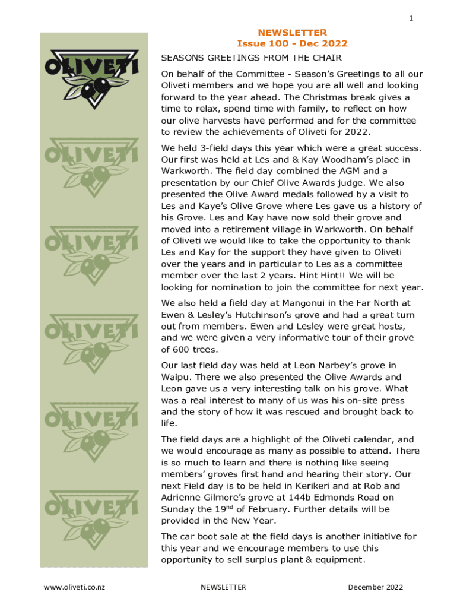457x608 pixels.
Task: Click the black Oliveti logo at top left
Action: [x=92, y=77]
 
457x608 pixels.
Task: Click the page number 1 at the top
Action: [x=411, y=18]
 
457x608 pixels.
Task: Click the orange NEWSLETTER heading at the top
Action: [x=292, y=32]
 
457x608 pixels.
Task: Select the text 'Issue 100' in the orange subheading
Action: [x=259, y=43]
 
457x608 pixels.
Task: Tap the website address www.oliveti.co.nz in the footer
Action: [x=74, y=587]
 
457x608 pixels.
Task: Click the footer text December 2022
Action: [x=375, y=587]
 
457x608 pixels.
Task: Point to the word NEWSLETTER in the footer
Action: [x=223, y=587]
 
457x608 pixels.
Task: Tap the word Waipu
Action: [x=176, y=377]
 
